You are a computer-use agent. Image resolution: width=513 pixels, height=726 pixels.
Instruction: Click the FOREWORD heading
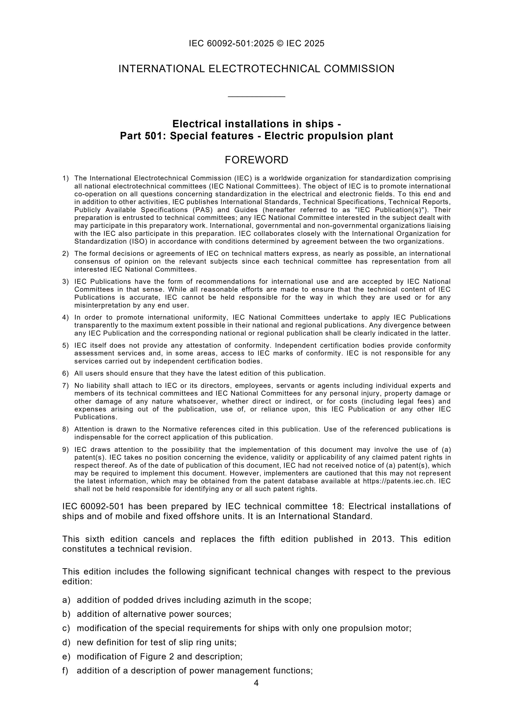coord(256,160)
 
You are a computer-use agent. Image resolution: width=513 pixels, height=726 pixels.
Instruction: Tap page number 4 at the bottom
coord(256,683)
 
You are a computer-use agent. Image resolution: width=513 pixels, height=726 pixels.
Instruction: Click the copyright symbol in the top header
coord(280,43)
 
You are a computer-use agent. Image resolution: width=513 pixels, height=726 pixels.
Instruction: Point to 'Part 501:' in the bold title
coord(143,136)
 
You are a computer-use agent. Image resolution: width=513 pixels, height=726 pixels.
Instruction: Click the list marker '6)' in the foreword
coord(65,373)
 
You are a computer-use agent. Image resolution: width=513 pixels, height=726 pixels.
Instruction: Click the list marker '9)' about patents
coord(65,450)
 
